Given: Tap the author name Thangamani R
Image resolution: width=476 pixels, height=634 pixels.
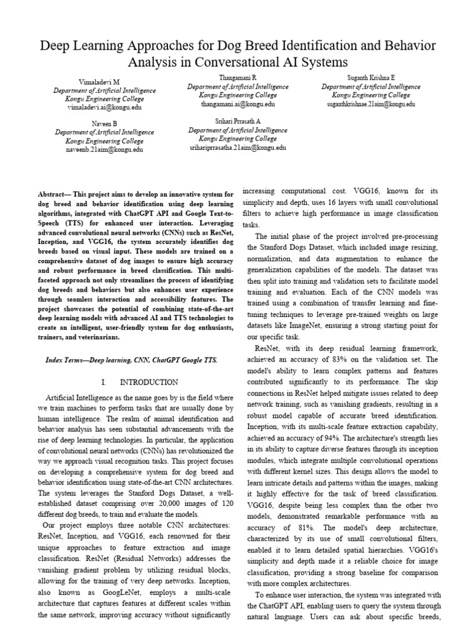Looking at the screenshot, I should pos(237,78).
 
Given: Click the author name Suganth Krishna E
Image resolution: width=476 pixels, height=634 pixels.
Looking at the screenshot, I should pos(371,78).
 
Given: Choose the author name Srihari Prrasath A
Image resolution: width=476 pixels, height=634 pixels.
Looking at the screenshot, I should pos(237,122).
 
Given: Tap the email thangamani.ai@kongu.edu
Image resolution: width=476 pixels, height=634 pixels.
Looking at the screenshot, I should pos(237,104).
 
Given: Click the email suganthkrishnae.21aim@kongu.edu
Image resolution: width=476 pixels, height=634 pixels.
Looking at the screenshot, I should pos(371,104).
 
